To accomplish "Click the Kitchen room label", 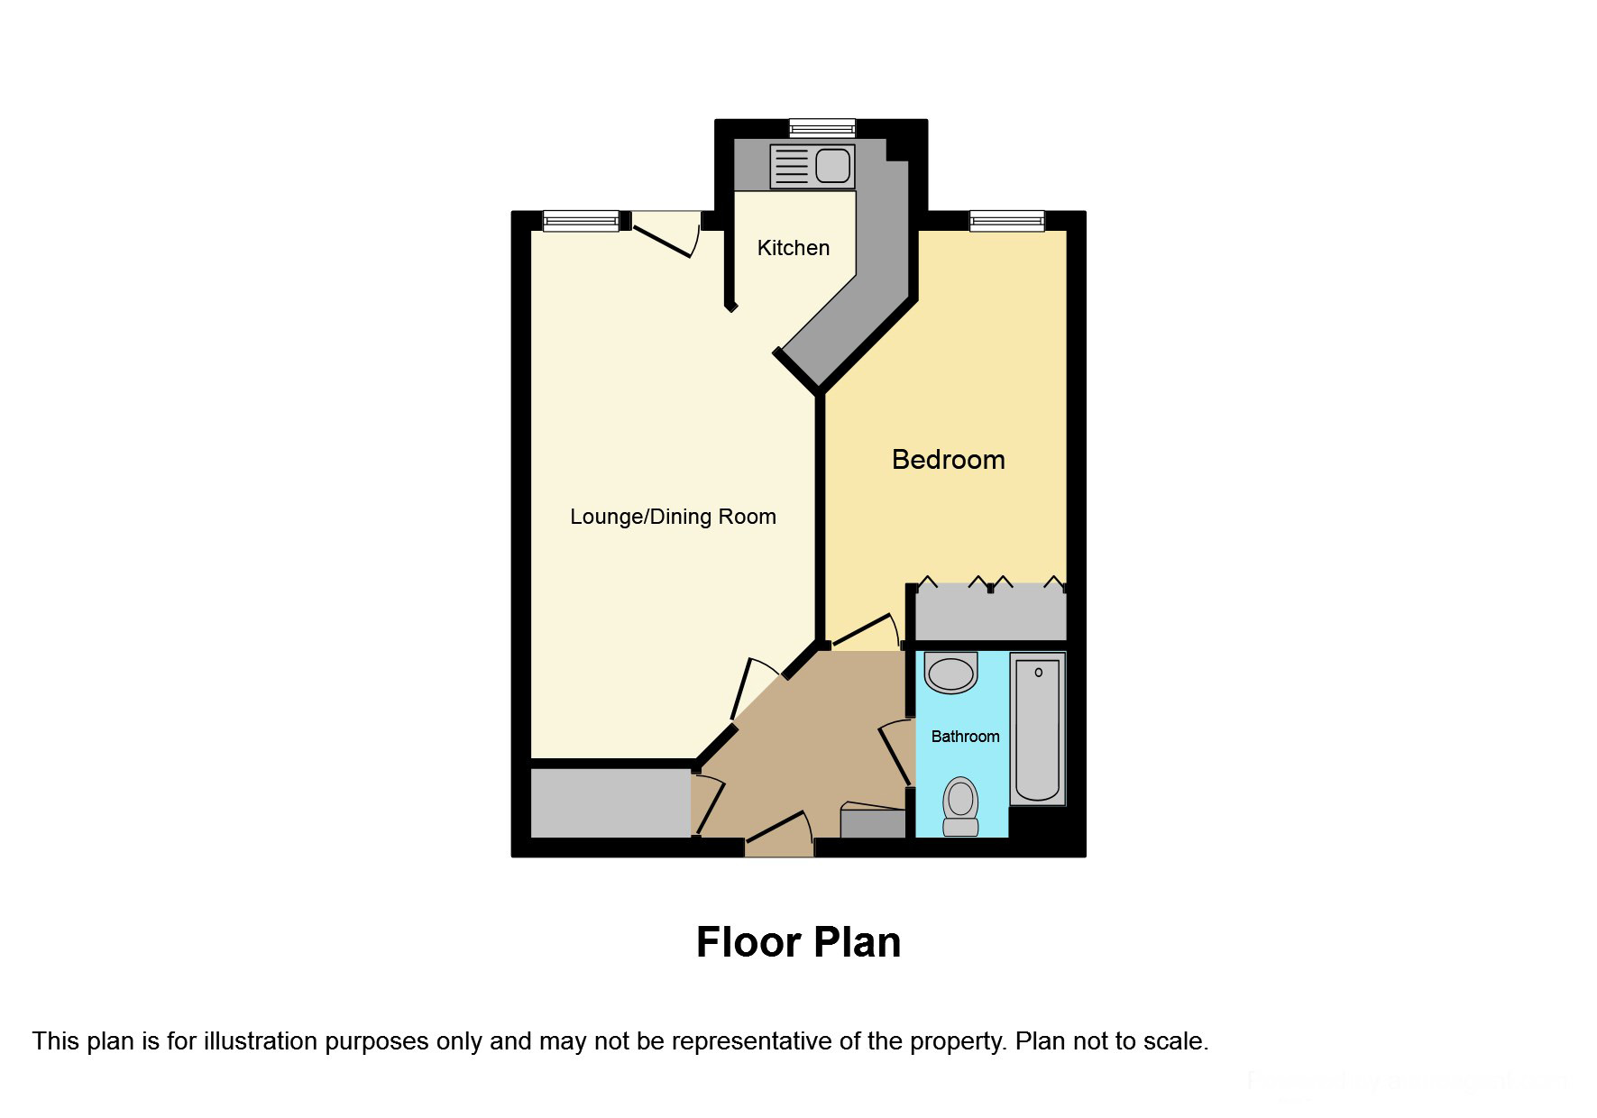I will pyautogui.click(x=793, y=248).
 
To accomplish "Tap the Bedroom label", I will pyautogui.click(x=948, y=460).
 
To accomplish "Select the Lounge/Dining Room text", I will pyautogui.click(x=673, y=517).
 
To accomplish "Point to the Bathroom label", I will pyautogui.click(x=965, y=737).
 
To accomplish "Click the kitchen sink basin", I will pyautogui.click(x=832, y=166).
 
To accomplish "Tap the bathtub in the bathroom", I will pyautogui.click(x=1036, y=729).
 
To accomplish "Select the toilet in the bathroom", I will pyautogui.click(x=960, y=806).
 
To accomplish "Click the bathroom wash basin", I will pyautogui.click(x=951, y=673).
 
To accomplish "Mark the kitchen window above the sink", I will pyautogui.click(x=821, y=127).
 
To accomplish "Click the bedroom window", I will pyautogui.click(x=1006, y=220).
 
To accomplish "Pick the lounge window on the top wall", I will pyautogui.click(x=581, y=220).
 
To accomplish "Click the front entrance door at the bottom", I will pyautogui.click(x=779, y=833).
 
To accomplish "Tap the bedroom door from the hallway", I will pyautogui.click(x=864, y=630).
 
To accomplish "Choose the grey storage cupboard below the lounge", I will pyautogui.click(x=610, y=802).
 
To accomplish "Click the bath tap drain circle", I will pyautogui.click(x=1039, y=673).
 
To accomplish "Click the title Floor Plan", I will pyautogui.click(x=798, y=942).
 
